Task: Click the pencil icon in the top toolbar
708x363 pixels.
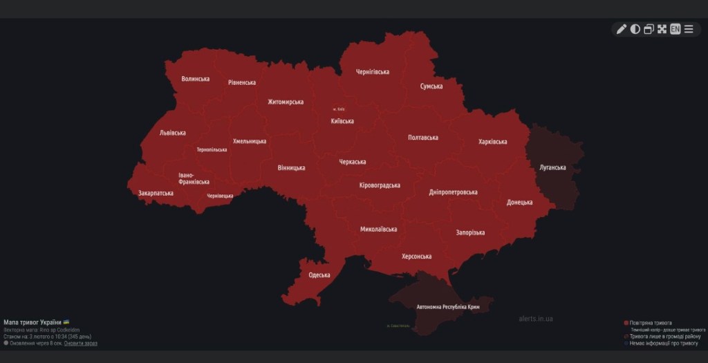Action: click(621, 29)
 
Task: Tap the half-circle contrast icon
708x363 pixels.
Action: click(635, 29)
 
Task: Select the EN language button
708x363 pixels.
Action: click(675, 29)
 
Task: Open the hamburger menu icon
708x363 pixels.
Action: click(689, 29)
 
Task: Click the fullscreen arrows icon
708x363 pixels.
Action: click(662, 29)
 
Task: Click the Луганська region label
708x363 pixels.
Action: click(552, 167)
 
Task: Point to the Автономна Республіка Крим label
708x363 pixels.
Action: click(448, 306)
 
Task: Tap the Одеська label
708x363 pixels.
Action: click(319, 274)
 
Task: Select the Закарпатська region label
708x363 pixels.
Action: click(156, 194)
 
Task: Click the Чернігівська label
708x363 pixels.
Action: click(373, 72)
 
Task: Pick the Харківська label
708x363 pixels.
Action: click(493, 142)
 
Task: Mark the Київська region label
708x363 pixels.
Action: click(342, 121)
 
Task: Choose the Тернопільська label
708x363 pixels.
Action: click(212, 149)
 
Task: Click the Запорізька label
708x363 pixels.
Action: click(470, 233)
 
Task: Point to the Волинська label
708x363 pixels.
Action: click(196, 79)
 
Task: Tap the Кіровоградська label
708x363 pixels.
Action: click(380, 185)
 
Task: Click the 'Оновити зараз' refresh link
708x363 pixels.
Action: click(81, 343)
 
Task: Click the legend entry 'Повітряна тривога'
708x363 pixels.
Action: click(651, 323)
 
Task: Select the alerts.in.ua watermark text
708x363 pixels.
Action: click(535, 319)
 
